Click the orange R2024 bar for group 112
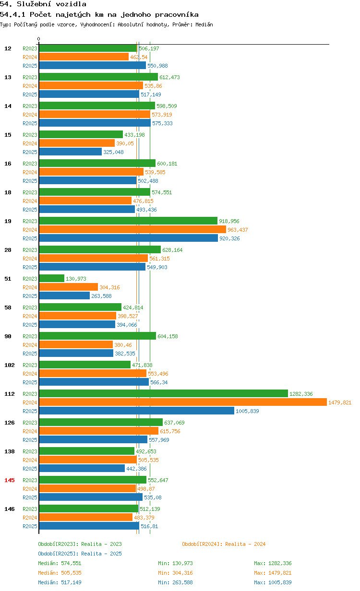[183, 402]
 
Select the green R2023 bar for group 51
[52, 278]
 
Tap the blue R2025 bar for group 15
[71, 152]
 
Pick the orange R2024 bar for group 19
[132, 229]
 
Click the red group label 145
[10, 480]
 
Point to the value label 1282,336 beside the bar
[301, 394]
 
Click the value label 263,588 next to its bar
[101, 296]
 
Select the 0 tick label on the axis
[38, 39]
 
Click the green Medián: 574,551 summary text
[60, 563]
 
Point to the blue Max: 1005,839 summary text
[273, 582]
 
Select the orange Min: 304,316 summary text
[175, 573]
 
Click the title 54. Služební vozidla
[43, 4]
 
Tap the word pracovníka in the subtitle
[177, 14]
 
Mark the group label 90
[8, 336]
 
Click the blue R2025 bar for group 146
[89, 526]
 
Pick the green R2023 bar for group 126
[101, 422]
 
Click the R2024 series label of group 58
[30, 316]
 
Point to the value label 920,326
[229, 238]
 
